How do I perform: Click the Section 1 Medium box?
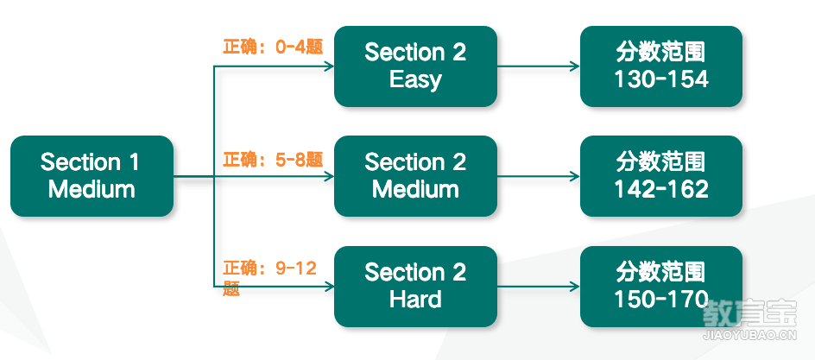pos(92,176)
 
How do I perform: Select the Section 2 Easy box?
pos(415,66)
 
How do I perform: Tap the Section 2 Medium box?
pos(415,176)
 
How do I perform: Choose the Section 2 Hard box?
pos(415,287)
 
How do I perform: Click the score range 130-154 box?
pos(661,66)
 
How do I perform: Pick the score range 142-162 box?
pos(661,176)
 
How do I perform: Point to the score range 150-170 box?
pos(661,287)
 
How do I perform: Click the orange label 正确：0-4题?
pos(274,47)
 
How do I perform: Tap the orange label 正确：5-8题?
pos(274,160)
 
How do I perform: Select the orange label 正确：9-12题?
pos(269,279)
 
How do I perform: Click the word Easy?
pos(415,80)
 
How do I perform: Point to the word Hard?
pos(415,300)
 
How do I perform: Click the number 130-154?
pos(661,79)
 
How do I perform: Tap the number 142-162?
pos(661,190)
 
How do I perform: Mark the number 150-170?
pos(661,300)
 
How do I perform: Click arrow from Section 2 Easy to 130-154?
pos(539,66)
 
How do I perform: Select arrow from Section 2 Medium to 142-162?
pos(539,177)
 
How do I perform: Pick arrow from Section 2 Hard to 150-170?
pos(539,287)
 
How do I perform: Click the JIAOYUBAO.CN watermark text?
pos(749,336)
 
